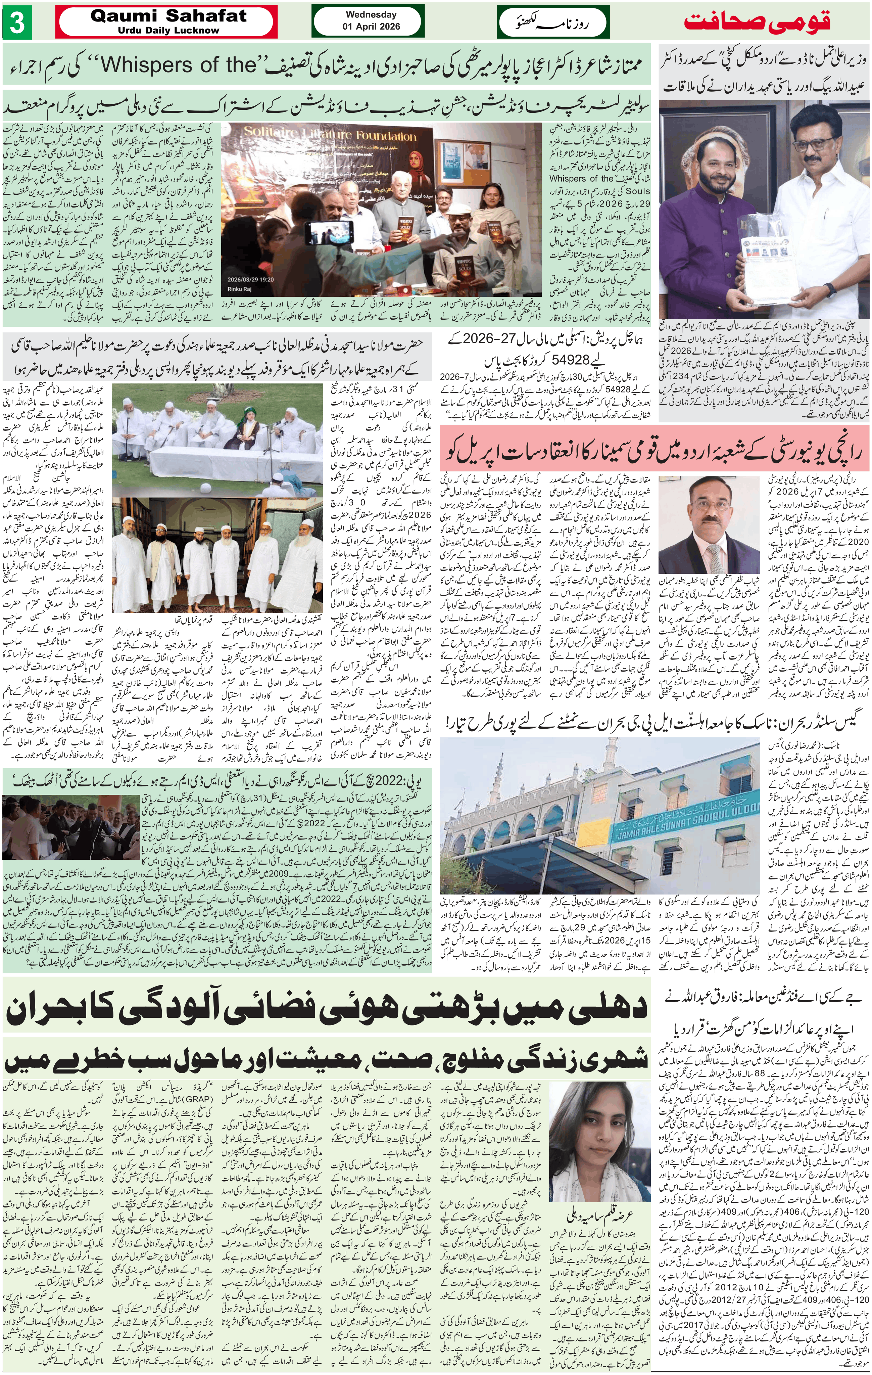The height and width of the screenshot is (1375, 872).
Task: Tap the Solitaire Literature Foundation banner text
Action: [330, 136]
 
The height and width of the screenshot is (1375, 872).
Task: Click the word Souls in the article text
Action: [639, 192]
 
